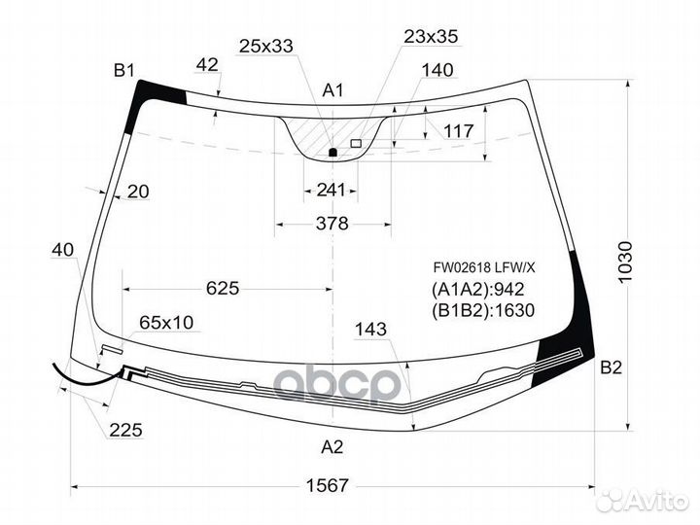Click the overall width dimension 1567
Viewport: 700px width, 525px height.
[x=327, y=485]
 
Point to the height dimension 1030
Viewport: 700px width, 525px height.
[x=626, y=262]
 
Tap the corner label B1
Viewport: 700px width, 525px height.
[x=124, y=70]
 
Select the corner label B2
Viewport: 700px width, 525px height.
[x=611, y=367]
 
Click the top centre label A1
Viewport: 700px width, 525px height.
[x=333, y=90]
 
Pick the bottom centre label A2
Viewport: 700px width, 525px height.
[x=332, y=446]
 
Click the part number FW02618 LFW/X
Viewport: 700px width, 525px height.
[x=483, y=267]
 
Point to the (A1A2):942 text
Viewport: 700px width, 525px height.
[x=477, y=290]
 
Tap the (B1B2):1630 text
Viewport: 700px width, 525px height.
[x=482, y=310]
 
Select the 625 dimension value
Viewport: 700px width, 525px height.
[x=223, y=289]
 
